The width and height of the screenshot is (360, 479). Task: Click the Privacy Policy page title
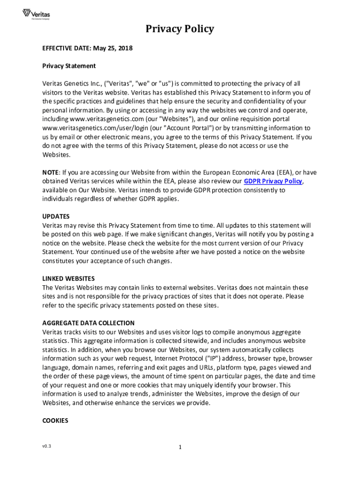180,29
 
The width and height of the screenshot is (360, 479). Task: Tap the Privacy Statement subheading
69,66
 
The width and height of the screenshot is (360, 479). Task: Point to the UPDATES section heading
56,217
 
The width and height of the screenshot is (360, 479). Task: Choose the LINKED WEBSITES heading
68,279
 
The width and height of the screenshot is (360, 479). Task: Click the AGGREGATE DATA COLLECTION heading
88,323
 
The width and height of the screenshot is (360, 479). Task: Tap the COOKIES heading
55,421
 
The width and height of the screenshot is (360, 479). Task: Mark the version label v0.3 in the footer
46,446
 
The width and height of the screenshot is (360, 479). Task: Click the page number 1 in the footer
180,447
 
